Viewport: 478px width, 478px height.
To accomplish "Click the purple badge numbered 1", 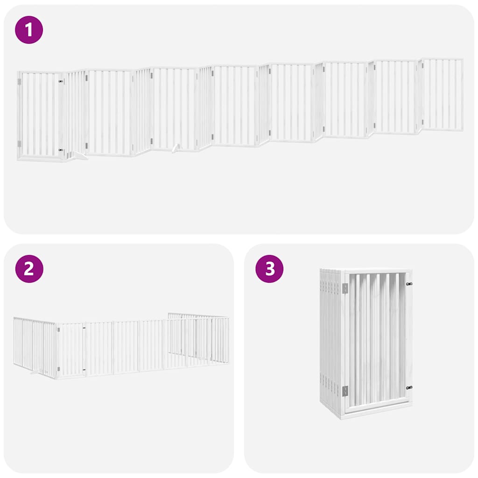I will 29,30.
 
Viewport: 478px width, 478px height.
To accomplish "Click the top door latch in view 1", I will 61,81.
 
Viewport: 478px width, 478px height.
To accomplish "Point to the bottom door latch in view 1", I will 61,150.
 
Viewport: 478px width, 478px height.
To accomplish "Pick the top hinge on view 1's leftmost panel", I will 19,82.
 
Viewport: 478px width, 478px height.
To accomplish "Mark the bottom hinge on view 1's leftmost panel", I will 19,143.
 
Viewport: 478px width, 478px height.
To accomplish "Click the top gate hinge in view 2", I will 58,330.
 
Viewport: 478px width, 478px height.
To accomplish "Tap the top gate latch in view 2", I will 84,329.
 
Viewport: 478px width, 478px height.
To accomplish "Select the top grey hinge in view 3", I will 345,288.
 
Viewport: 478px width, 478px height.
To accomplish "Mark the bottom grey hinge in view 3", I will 345,391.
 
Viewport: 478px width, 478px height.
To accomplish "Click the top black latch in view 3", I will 409,284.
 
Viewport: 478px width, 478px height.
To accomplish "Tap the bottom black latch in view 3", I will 409,387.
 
